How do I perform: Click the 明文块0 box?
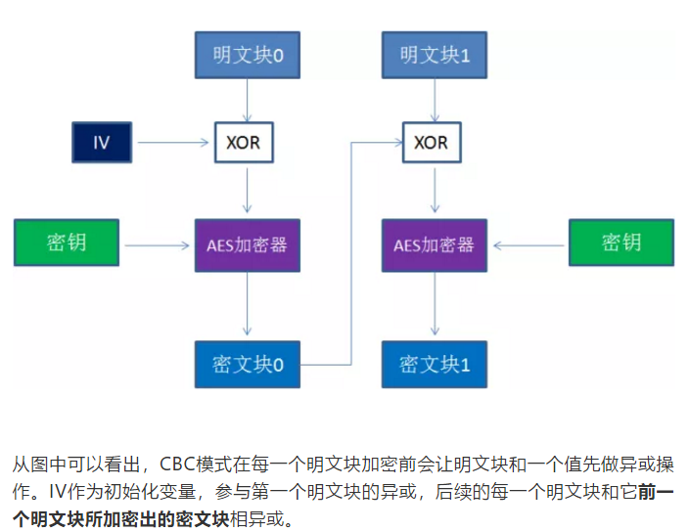(248, 56)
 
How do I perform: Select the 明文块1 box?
(435, 56)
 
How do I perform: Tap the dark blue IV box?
(101, 143)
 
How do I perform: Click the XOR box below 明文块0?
(243, 143)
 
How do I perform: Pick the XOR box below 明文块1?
(431, 143)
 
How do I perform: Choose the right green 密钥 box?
(621, 243)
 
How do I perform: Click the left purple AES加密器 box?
(248, 244)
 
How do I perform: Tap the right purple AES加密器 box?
(434, 244)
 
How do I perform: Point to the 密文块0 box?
(248, 365)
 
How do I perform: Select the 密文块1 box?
(435, 365)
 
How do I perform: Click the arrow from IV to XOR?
(174, 143)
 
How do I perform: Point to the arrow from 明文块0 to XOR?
(247, 100)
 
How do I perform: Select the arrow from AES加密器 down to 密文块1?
(435, 305)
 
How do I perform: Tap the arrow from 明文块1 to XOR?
(434, 100)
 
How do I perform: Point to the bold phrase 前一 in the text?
(655, 492)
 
